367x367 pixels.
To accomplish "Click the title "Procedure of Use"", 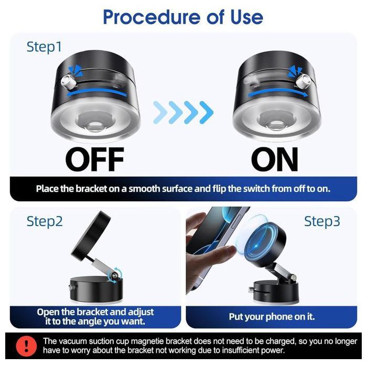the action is tap(183, 17).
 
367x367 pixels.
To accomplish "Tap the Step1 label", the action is tap(44, 47).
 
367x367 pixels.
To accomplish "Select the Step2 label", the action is tap(45, 221).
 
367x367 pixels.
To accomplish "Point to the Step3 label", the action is tap(322, 221).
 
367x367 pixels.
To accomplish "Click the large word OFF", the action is tap(94, 159).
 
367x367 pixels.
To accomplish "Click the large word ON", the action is tap(275, 159).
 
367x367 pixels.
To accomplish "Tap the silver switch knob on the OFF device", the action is tap(68, 82).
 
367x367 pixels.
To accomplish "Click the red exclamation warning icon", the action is tap(26, 346).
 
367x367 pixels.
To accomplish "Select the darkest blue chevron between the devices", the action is tap(207, 112).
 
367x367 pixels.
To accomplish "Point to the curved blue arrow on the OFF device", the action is tap(96, 92).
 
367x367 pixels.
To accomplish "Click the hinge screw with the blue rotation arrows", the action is tap(115, 276).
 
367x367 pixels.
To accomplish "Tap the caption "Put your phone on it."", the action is tap(272, 317).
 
